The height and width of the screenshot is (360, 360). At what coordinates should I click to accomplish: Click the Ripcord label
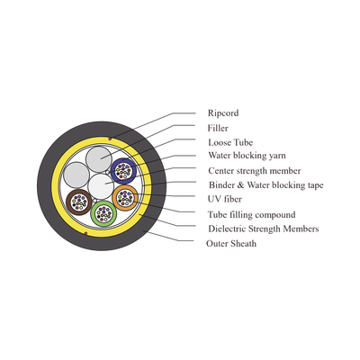[x=223, y=113]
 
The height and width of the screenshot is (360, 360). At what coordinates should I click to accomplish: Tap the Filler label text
[x=218, y=128]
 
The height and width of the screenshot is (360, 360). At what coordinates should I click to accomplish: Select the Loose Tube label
[x=230, y=142]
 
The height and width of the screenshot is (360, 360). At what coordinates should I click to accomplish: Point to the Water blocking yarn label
[x=247, y=156]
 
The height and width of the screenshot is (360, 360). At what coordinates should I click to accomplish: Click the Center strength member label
[x=255, y=171]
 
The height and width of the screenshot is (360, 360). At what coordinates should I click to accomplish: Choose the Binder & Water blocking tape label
[x=266, y=185]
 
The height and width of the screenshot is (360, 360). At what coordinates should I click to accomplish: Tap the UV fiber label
[x=225, y=199]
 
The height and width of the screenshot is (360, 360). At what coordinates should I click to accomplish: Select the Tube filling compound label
[x=251, y=215]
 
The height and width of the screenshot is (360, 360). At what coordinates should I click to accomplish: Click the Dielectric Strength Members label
[x=264, y=229]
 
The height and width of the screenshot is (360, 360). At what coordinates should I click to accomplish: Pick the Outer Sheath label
[x=231, y=243]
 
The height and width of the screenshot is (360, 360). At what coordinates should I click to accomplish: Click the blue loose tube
[x=123, y=171]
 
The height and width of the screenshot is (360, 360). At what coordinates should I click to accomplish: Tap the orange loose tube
[x=125, y=198]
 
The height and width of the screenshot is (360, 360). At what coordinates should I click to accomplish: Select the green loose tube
[x=103, y=213]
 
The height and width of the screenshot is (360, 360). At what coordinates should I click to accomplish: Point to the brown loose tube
[x=78, y=202]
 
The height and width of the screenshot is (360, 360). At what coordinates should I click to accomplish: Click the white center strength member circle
[x=102, y=186]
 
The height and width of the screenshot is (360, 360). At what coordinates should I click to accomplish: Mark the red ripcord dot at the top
[x=110, y=139]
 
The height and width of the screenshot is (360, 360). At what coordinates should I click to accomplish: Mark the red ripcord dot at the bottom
[x=85, y=233]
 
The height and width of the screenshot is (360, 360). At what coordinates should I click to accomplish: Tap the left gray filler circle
[x=76, y=175]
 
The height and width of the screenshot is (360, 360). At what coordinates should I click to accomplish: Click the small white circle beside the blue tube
[x=108, y=172]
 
